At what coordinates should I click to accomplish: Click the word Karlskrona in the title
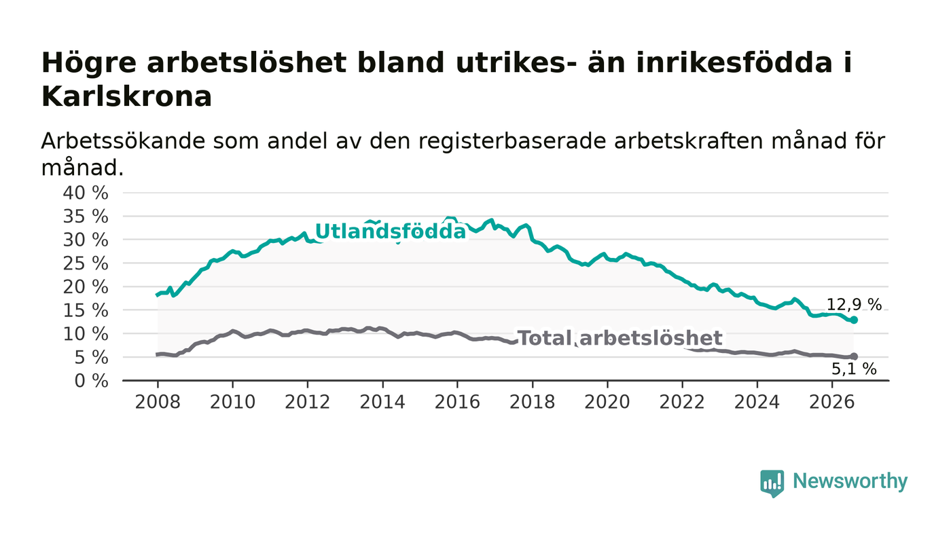pyautogui.click(x=126, y=97)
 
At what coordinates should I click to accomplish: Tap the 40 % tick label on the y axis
pyautogui.click(x=86, y=193)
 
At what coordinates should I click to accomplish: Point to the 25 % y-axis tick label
pyautogui.click(x=86, y=263)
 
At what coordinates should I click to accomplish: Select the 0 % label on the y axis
pyautogui.click(x=91, y=381)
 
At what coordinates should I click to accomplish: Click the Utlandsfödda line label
pyautogui.click(x=391, y=231)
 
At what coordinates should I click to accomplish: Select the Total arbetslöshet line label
pyautogui.click(x=620, y=338)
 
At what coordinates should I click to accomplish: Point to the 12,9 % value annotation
pyautogui.click(x=854, y=305)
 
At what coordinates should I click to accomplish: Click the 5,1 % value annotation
pyautogui.click(x=854, y=369)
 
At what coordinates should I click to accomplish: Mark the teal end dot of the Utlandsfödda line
pyautogui.click(x=854, y=320)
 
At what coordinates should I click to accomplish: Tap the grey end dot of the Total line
pyautogui.click(x=854, y=356)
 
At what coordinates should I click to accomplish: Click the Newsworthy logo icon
pyautogui.click(x=772, y=483)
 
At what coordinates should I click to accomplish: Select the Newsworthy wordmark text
pyautogui.click(x=850, y=481)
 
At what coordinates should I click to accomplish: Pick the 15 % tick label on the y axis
pyautogui.click(x=86, y=311)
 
